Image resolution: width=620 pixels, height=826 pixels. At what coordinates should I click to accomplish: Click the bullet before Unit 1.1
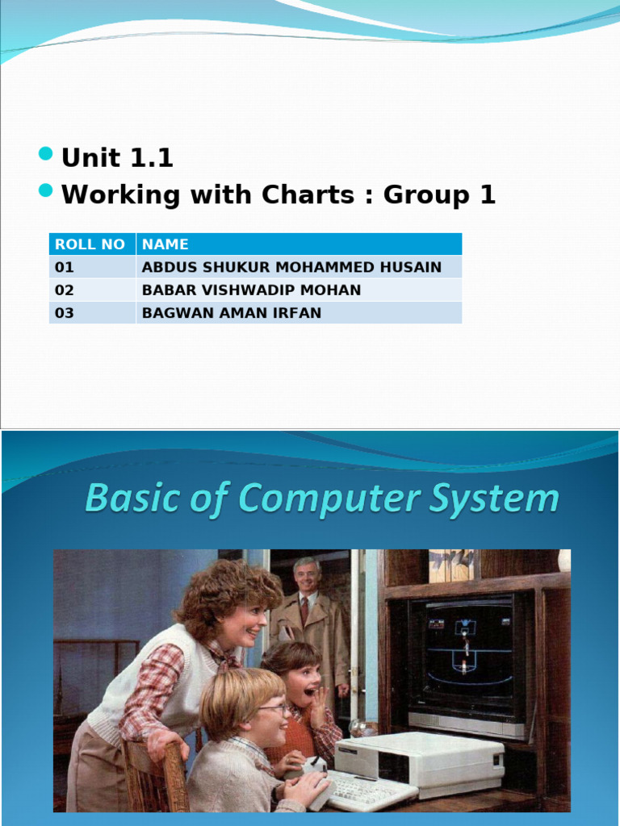[x=46, y=155]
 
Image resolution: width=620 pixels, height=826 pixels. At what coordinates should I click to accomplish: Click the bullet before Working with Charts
[x=46, y=191]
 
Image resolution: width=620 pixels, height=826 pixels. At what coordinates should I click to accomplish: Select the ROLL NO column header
[x=90, y=244]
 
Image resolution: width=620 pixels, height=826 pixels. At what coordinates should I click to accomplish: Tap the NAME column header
[x=165, y=244]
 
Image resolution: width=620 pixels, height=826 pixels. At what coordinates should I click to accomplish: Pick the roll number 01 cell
[x=65, y=267]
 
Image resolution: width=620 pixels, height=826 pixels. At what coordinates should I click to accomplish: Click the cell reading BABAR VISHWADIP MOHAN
[x=251, y=290]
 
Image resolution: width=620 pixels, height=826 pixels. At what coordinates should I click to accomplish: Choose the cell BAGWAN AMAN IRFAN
[x=232, y=313]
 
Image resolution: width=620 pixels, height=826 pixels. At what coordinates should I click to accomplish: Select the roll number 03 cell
[x=65, y=313]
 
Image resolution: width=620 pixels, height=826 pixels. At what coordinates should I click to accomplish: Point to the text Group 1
[x=439, y=195]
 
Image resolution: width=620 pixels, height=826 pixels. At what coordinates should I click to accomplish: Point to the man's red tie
[x=304, y=609]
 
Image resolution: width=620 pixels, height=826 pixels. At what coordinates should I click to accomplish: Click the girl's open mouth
[x=308, y=691]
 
